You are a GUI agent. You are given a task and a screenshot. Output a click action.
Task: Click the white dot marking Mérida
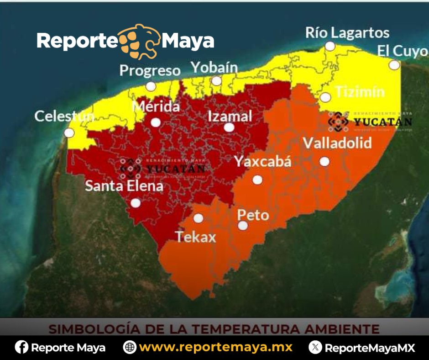point(156,122)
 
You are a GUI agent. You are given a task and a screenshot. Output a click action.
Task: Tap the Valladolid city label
point(337,143)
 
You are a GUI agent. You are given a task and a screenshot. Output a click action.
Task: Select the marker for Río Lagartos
point(330,46)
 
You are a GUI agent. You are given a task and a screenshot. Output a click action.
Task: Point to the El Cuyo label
point(402,52)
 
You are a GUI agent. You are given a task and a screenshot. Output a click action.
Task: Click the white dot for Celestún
point(69,133)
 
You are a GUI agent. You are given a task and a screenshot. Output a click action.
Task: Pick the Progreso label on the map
point(150,71)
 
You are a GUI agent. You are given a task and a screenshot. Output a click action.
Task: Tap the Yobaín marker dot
point(217,81)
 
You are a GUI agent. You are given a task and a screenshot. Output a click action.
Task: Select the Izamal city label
point(230,116)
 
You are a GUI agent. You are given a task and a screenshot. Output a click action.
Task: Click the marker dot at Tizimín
point(325,97)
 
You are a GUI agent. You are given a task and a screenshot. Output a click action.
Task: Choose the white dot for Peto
point(243,225)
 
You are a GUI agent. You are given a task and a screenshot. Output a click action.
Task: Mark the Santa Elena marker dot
point(136,203)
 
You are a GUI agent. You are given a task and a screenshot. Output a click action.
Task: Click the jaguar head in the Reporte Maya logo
point(139,42)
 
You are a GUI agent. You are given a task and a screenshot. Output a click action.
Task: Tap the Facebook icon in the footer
point(21,348)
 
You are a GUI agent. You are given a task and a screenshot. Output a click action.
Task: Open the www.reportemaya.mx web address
point(215,348)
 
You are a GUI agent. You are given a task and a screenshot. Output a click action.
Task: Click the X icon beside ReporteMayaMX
point(315,348)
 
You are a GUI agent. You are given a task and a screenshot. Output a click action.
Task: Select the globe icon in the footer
point(130,348)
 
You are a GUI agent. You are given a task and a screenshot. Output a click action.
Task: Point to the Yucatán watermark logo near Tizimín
point(370,122)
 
